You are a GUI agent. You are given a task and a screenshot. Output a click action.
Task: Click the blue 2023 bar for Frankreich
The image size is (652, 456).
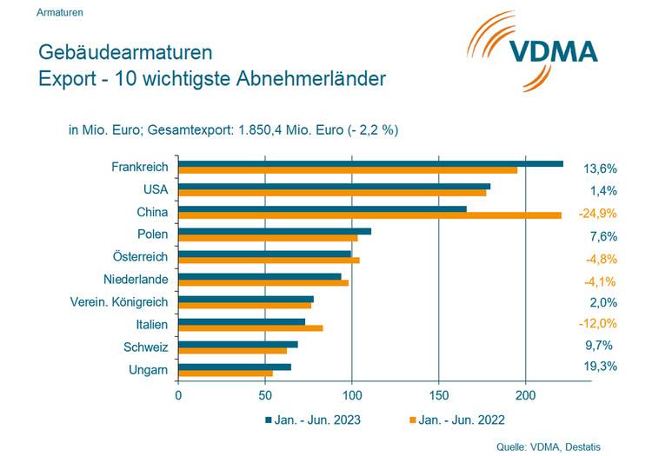(x=370, y=163)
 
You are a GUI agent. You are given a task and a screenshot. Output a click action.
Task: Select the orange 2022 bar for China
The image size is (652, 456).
(x=369, y=215)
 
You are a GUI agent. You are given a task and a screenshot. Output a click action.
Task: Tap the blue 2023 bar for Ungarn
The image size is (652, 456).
(x=235, y=367)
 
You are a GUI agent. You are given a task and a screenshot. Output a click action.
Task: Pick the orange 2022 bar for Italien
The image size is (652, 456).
(x=250, y=327)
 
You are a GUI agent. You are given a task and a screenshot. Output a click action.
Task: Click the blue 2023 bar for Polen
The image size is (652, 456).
(x=275, y=231)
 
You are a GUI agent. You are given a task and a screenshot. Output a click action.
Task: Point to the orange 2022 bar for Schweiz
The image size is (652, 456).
(x=232, y=350)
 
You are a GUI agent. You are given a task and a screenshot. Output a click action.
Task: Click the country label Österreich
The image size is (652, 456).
(x=140, y=257)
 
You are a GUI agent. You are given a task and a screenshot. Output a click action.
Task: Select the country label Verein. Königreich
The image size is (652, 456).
(x=119, y=302)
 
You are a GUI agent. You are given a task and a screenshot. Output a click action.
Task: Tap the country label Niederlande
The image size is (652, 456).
(x=136, y=280)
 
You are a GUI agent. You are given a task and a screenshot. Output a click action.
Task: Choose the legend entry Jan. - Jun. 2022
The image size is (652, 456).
(x=462, y=420)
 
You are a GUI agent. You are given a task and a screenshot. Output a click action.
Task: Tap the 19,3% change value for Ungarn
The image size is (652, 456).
(x=600, y=367)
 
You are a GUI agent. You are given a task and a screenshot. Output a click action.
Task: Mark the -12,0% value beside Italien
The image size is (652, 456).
(x=597, y=323)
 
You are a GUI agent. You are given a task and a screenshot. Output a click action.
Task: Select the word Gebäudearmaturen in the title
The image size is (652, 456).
(x=125, y=54)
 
